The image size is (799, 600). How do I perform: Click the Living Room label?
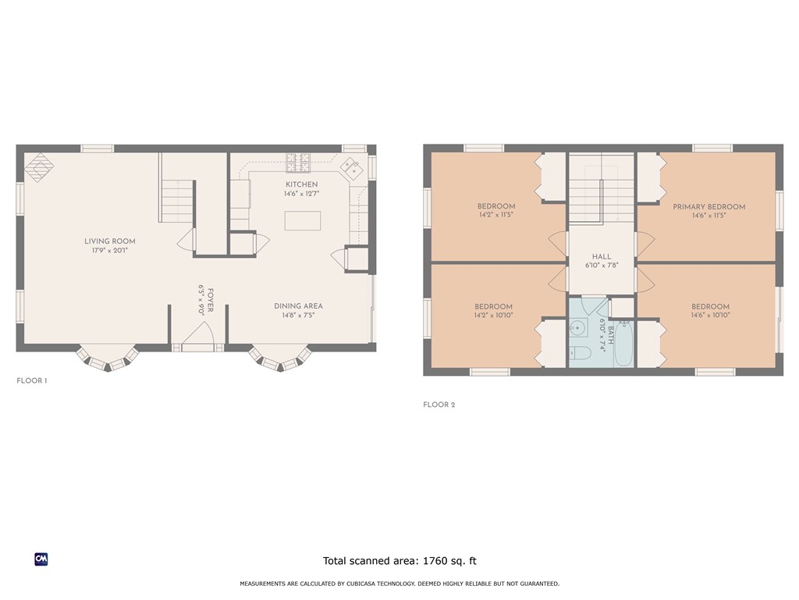[110, 241]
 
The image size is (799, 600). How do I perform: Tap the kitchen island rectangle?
[303, 221]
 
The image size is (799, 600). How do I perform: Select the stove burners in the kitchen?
[297, 162]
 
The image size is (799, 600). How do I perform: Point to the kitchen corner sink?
[352, 169]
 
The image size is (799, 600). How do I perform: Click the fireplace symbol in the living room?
[39, 167]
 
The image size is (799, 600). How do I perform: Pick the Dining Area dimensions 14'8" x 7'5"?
[299, 316]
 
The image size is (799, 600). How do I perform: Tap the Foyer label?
[211, 300]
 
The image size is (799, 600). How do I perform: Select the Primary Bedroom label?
[708, 206]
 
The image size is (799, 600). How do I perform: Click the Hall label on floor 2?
[602, 256]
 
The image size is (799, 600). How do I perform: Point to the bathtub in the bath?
[623, 344]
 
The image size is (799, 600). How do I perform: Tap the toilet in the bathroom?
[580, 353]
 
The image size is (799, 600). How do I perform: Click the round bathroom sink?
[578, 328]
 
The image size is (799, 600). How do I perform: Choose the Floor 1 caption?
[31, 380]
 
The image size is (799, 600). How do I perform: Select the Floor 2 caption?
[439, 405]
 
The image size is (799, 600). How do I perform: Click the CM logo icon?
[41, 559]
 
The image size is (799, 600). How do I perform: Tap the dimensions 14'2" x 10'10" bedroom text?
[493, 316]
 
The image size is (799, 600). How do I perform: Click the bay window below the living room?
[108, 358]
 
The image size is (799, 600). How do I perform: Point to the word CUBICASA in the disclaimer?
[363, 584]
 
